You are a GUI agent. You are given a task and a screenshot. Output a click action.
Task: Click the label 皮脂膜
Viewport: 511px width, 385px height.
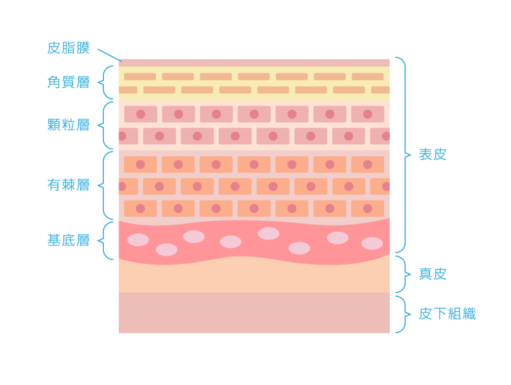[x=68, y=48]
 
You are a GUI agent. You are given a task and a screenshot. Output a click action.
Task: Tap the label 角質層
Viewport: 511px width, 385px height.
[x=68, y=82]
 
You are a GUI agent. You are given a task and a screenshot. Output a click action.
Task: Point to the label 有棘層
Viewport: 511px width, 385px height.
[x=68, y=185]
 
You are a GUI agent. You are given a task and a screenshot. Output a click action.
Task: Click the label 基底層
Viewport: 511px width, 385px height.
[x=68, y=240]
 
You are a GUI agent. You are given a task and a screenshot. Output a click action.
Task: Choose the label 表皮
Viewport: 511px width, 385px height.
[x=433, y=155]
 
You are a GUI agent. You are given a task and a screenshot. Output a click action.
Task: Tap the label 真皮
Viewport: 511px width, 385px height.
[x=433, y=274]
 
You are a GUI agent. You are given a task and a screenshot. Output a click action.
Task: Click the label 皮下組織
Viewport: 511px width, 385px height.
[x=447, y=314]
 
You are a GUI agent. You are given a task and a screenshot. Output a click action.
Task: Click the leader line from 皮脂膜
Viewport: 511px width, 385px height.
[x=109, y=55]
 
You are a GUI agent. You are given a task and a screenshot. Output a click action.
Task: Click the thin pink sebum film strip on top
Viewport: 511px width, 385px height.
[x=254, y=63]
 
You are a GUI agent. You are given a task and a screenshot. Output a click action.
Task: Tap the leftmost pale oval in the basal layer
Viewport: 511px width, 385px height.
[x=138, y=240]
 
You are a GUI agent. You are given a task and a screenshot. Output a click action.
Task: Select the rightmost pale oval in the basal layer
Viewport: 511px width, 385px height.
[x=372, y=243]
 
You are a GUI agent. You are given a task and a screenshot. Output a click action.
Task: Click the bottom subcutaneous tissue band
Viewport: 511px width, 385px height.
[x=254, y=313]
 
